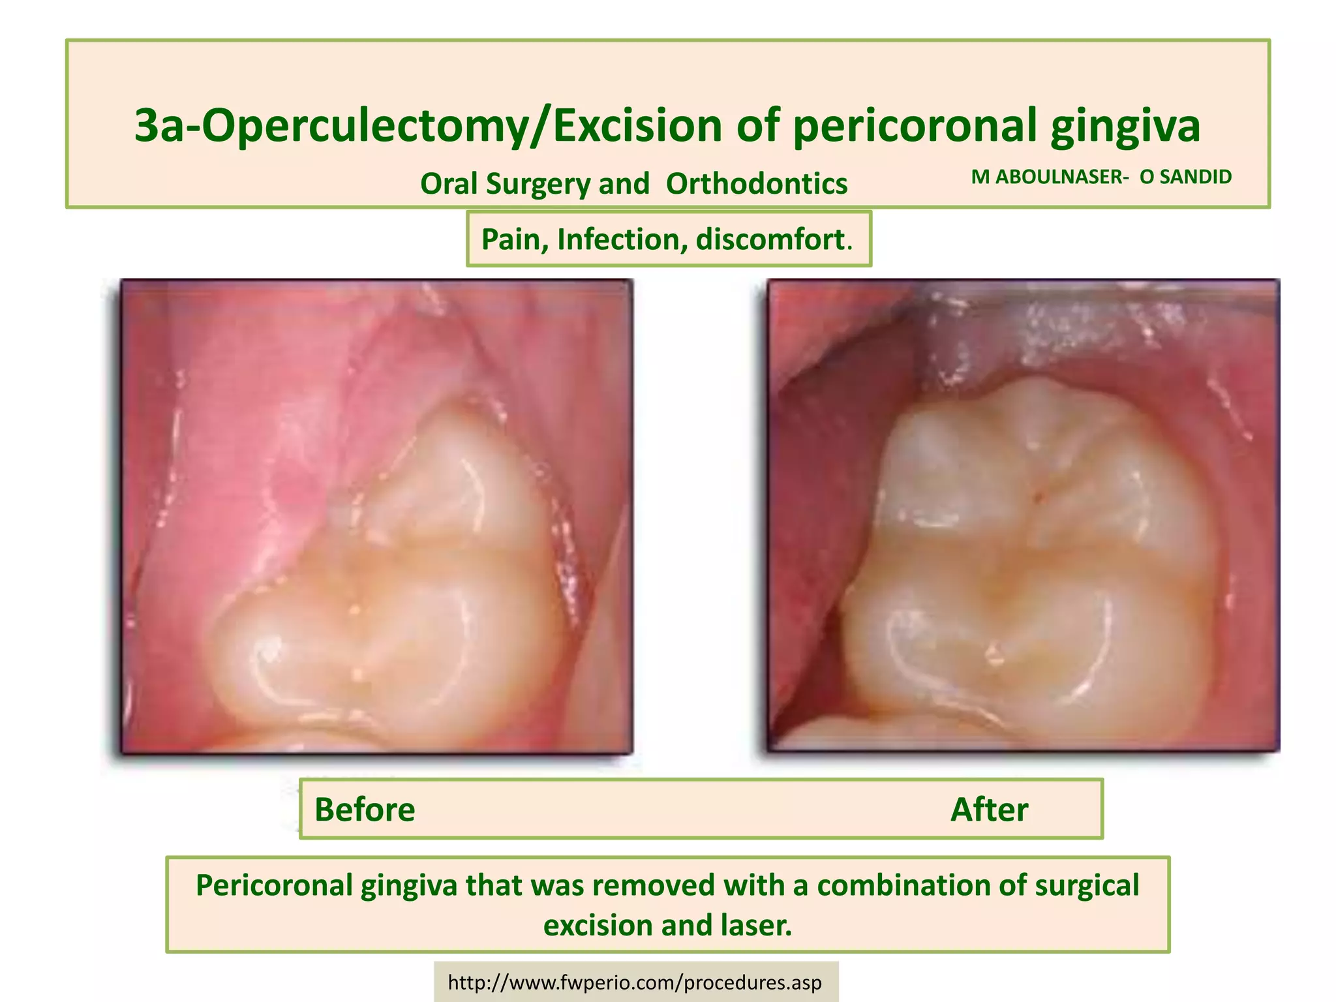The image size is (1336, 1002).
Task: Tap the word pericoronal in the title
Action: [914, 125]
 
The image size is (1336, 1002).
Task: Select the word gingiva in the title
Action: [1125, 125]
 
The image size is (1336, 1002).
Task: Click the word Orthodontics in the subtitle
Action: [756, 184]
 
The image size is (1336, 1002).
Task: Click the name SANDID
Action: [1194, 177]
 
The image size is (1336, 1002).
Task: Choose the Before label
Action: [365, 810]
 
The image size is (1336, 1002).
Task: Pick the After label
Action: [989, 810]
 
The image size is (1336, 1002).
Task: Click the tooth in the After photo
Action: [1031, 561]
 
